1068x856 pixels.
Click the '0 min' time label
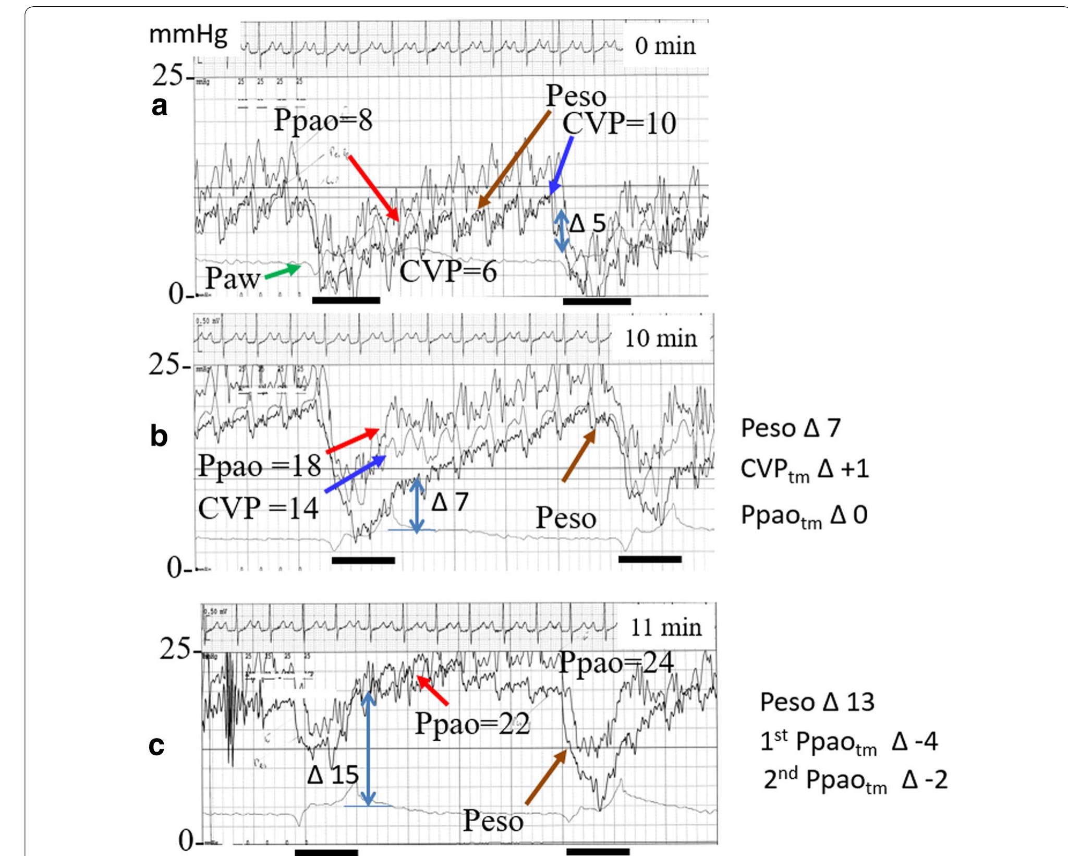[x=665, y=46]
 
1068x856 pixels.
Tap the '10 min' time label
[x=661, y=339]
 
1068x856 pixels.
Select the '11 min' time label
[x=666, y=627]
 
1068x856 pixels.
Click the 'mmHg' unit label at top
[x=188, y=35]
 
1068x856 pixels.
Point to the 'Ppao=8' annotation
[x=323, y=120]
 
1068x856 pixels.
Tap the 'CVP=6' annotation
[x=448, y=272]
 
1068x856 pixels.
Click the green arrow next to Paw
[x=283, y=271]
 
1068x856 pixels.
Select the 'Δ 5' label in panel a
[x=588, y=224]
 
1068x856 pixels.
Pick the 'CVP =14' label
[x=258, y=508]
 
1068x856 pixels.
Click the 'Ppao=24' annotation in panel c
[x=616, y=663]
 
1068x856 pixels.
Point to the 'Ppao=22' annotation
[x=472, y=724]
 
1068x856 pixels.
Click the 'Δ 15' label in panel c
[x=333, y=775]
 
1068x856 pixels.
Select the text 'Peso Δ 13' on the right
[x=817, y=702]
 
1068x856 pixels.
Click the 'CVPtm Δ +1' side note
[x=805, y=469]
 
